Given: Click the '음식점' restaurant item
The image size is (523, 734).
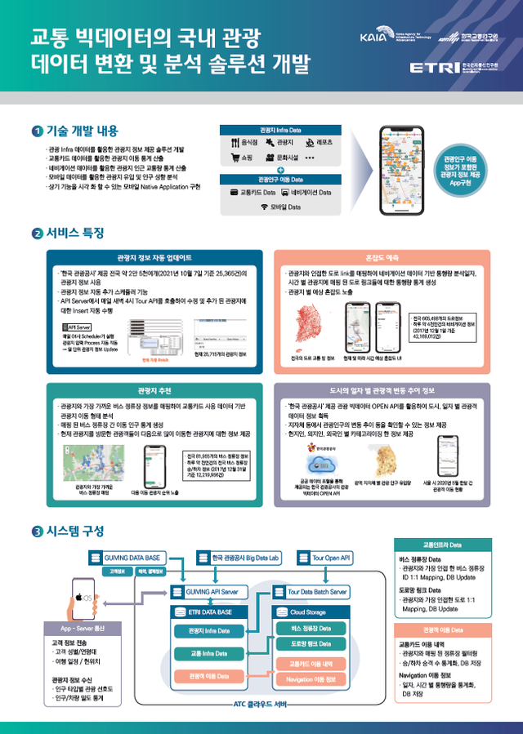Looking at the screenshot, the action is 244,143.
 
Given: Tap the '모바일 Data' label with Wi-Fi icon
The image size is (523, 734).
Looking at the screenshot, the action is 278,207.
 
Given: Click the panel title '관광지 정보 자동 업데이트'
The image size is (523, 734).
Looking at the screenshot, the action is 154,256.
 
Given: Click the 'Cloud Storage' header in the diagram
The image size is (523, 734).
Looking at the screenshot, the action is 308,612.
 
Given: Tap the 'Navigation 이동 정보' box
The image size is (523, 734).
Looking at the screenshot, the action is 311,679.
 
